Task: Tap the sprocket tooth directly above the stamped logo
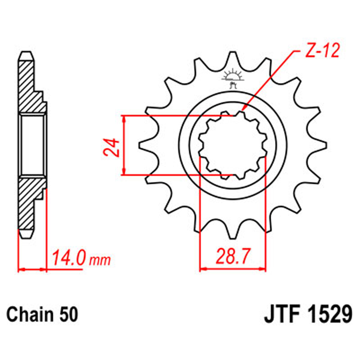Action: [232, 60]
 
